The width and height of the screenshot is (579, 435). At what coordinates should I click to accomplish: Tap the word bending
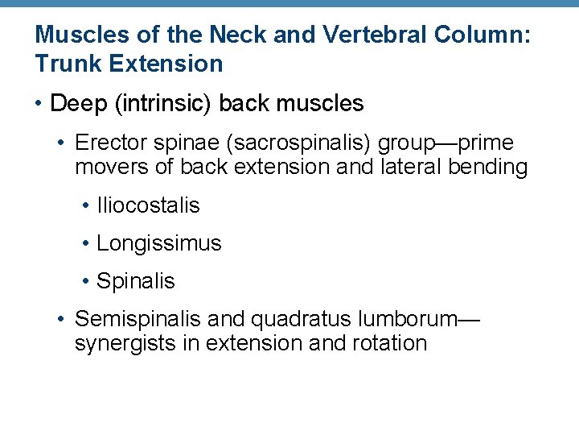492,168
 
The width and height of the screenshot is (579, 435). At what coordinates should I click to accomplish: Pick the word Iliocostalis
148,205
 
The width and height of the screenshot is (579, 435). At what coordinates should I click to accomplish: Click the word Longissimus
158,243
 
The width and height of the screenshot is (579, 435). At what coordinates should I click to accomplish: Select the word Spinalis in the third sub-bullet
135,281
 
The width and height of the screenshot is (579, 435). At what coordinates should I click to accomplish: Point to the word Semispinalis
138,320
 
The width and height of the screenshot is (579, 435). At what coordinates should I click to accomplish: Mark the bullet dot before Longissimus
85,244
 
